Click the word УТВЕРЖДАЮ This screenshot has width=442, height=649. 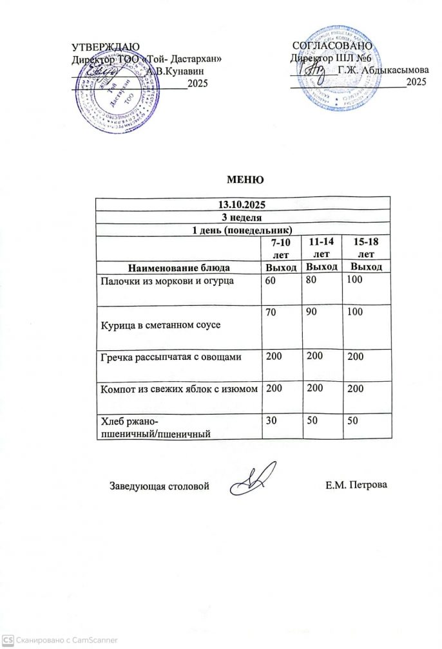(x=104, y=47)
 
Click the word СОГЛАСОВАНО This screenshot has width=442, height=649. (x=332, y=46)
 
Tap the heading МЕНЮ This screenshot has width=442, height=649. (x=243, y=178)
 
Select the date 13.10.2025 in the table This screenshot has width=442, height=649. (x=243, y=204)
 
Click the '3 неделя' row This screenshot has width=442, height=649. (x=243, y=217)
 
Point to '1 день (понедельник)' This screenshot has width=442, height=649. (x=243, y=229)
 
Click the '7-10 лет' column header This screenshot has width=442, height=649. (x=280, y=247)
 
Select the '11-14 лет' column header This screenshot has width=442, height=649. (x=321, y=247)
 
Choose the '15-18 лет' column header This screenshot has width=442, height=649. (x=365, y=247)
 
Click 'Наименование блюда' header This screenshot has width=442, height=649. (x=178, y=267)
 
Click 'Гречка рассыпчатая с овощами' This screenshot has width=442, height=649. (x=169, y=356)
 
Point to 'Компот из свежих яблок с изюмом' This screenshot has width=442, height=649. (x=179, y=389)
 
